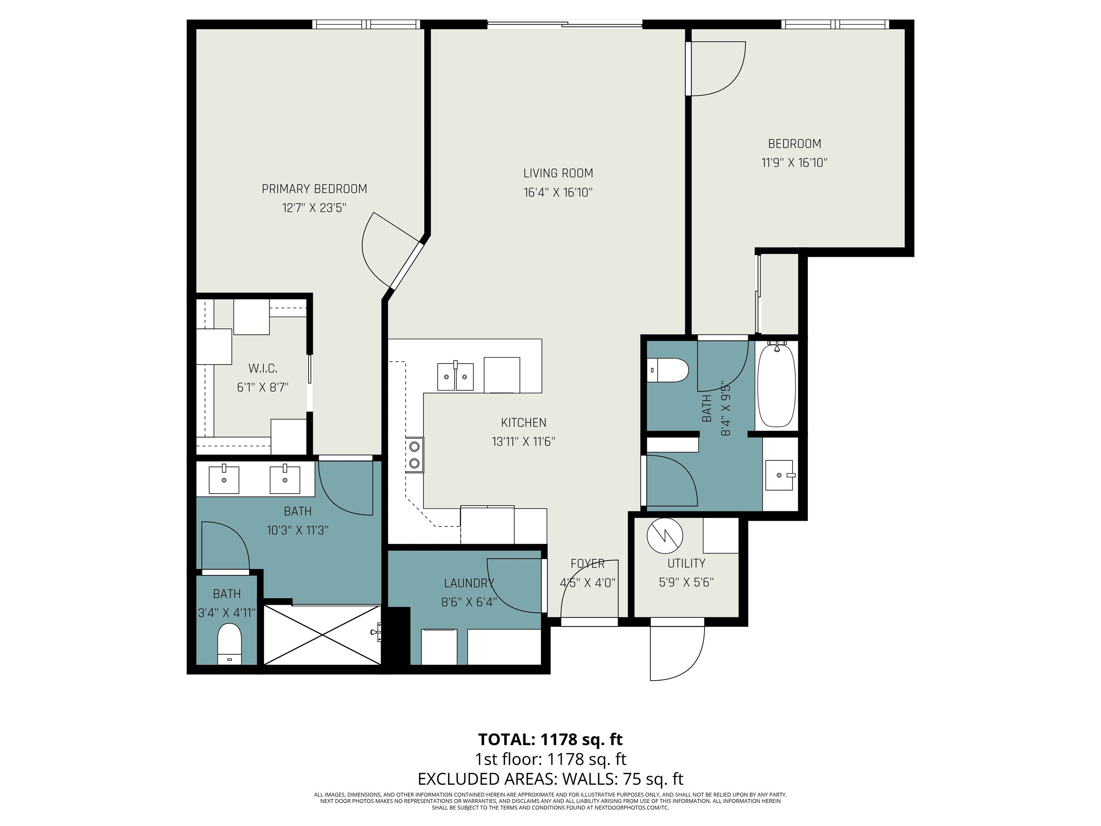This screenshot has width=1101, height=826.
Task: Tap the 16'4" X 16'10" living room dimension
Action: coord(558,193)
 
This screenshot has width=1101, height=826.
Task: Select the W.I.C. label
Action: coord(262,369)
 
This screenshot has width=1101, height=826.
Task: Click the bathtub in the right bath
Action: coord(776,384)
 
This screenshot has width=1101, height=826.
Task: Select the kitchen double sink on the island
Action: coord(455,377)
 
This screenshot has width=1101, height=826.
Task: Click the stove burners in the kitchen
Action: coord(414,455)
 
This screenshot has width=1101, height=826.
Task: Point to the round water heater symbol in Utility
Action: coord(664,536)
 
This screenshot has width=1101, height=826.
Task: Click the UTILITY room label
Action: coord(686,563)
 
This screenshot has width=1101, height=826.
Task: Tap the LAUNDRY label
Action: coord(469,583)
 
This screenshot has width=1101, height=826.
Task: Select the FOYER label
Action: coord(587,564)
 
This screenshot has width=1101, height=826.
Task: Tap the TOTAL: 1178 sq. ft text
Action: coord(550,739)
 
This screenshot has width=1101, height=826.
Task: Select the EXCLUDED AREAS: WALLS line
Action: coord(550,779)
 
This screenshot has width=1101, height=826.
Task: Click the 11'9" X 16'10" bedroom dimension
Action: coord(795,163)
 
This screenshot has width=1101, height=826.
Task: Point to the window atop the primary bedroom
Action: coord(366,24)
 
